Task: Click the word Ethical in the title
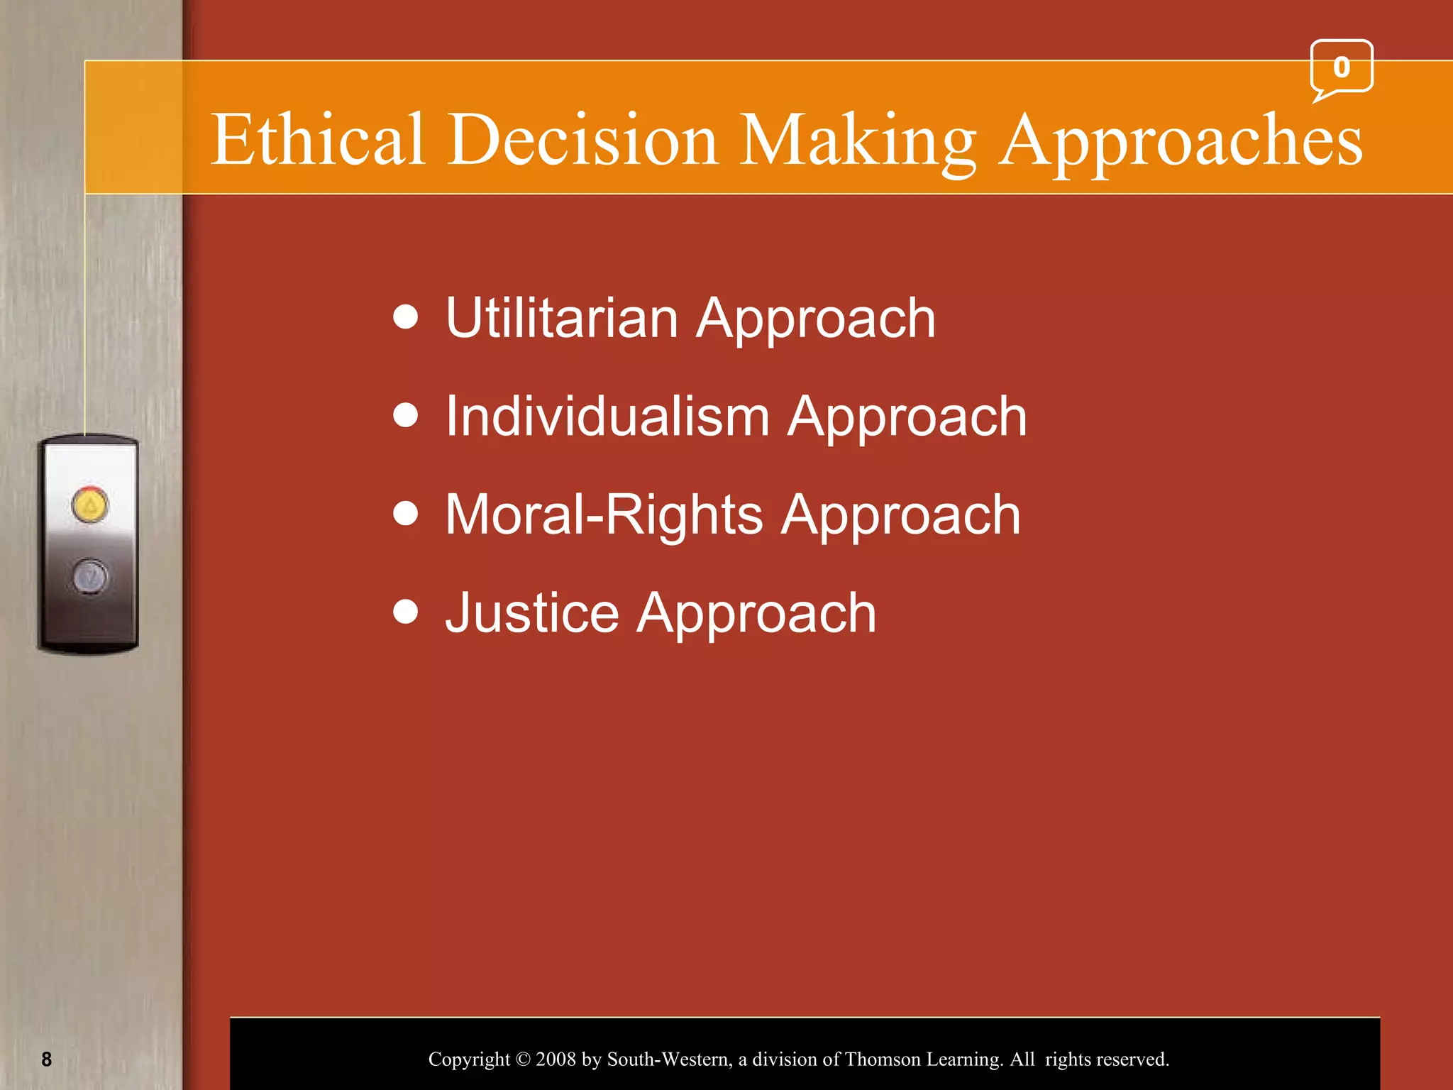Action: (x=317, y=140)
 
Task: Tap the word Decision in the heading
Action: (x=583, y=140)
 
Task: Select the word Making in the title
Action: (x=858, y=140)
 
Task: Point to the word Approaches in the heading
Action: (x=1181, y=140)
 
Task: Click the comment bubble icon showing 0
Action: (x=1341, y=68)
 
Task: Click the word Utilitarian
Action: (x=562, y=318)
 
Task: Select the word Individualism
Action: (x=607, y=417)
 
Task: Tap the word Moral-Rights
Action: (x=604, y=514)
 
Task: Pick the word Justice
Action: (x=532, y=613)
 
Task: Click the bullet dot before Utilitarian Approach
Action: (x=406, y=317)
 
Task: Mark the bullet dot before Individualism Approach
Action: (x=406, y=415)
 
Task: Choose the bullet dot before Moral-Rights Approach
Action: (x=406, y=513)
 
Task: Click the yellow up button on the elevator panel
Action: (x=90, y=505)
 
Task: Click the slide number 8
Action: (x=47, y=1059)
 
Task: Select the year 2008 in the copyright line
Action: (x=556, y=1059)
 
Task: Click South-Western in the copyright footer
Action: (x=669, y=1059)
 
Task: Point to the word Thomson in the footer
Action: (x=883, y=1059)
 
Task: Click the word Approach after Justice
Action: (x=756, y=613)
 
